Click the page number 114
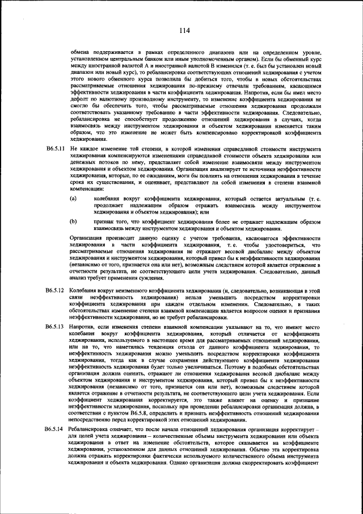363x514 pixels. (x=183, y=30)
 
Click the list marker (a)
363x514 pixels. (x=73, y=199)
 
